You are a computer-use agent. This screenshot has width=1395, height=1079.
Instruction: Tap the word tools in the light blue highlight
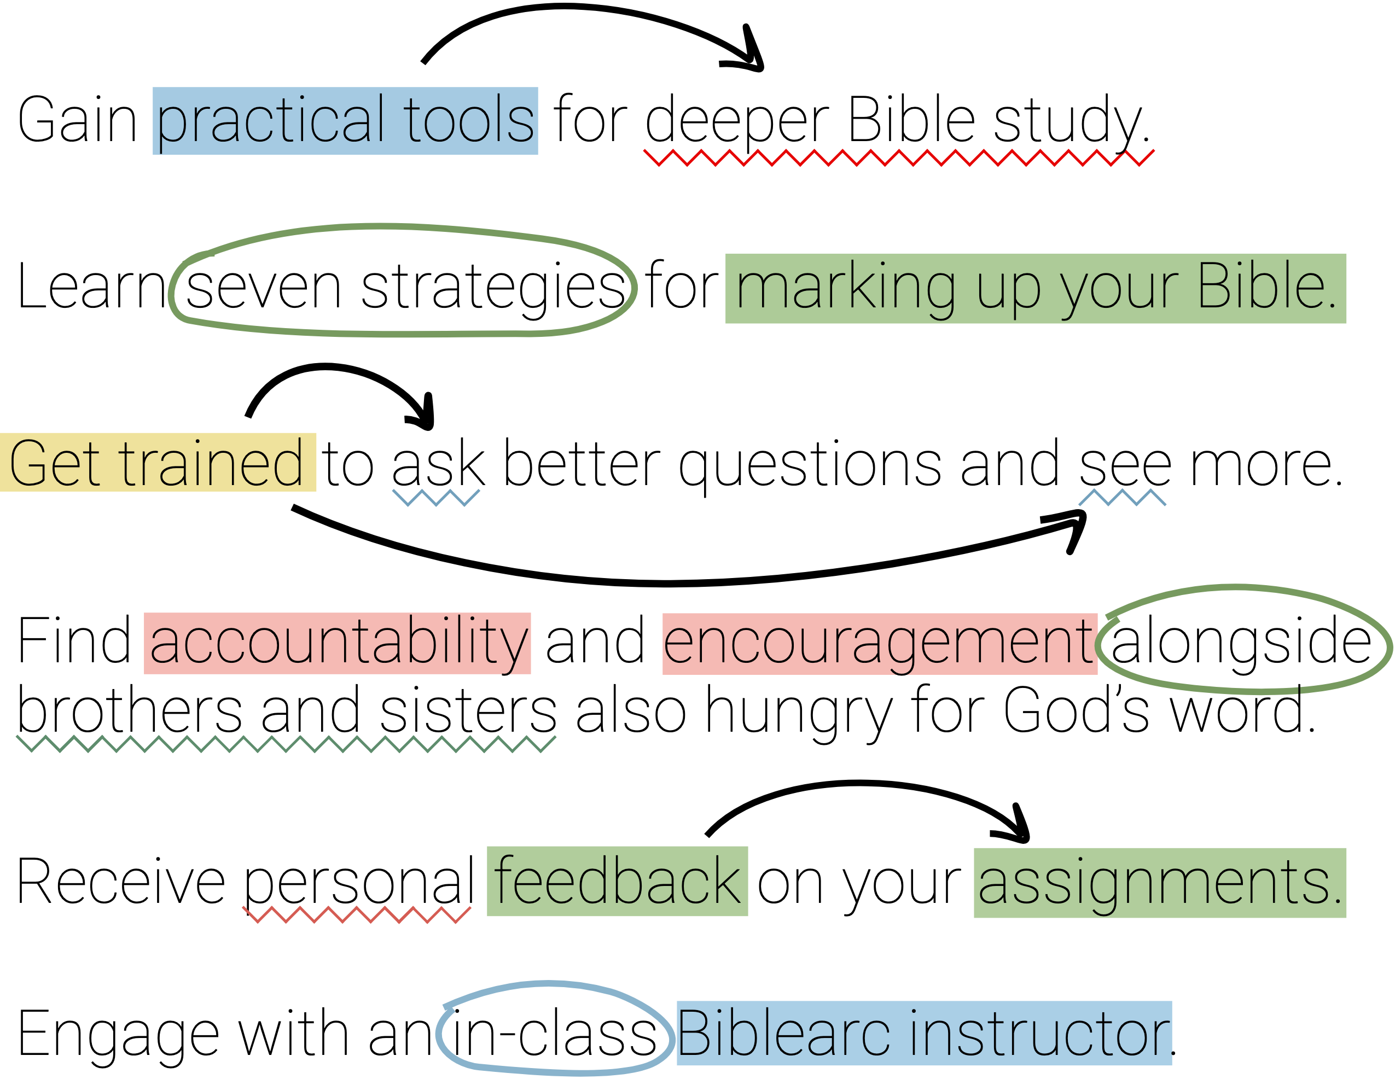[469, 121]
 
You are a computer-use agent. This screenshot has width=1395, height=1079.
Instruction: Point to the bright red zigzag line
[898, 158]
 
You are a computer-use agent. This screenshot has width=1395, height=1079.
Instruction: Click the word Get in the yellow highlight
[55, 463]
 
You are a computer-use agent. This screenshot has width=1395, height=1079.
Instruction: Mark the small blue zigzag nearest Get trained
[435, 497]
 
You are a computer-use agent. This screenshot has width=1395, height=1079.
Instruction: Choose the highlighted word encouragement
[879, 644]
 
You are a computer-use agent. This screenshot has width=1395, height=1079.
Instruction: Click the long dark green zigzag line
[286, 744]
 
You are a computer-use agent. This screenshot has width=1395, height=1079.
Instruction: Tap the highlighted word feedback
[617, 882]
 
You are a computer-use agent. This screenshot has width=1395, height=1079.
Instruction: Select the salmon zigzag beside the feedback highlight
[357, 914]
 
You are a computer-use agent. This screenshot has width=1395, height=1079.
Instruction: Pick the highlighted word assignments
[1159, 883]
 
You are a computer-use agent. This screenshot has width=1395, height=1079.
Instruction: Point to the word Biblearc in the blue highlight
[783, 1033]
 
